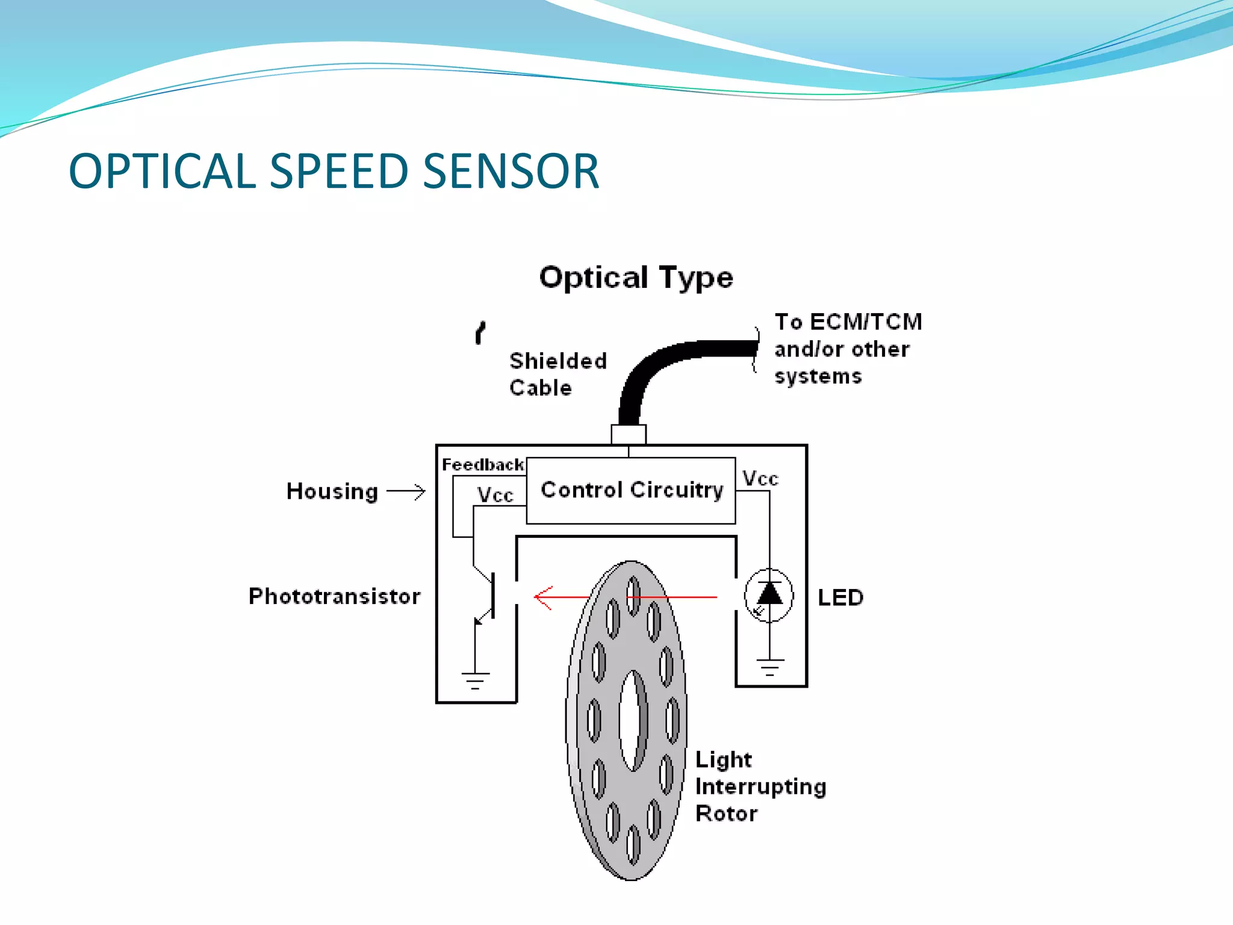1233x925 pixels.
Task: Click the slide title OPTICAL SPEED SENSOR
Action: pyautogui.click(x=334, y=171)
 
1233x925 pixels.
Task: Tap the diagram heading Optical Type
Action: pyautogui.click(x=636, y=278)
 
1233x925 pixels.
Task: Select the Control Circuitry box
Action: pyautogui.click(x=631, y=490)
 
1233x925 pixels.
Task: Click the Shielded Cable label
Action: pyautogui.click(x=557, y=374)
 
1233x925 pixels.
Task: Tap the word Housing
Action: pyautogui.click(x=332, y=491)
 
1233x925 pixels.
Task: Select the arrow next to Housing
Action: pyautogui.click(x=406, y=491)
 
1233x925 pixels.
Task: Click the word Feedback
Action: pyautogui.click(x=482, y=465)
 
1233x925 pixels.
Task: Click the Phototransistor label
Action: pyautogui.click(x=334, y=596)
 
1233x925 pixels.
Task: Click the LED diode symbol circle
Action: pyautogui.click(x=769, y=596)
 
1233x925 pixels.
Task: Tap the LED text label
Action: pyautogui.click(x=840, y=597)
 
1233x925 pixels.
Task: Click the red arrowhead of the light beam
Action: pyautogui.click(x=542, y=597)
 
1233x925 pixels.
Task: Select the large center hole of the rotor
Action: pyautogui.click(x=632, y=720)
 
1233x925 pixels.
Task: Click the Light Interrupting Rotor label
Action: pyautogui.click(x=760, y=786)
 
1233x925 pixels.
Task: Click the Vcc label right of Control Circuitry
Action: pyautogui.click(x=760, y=479)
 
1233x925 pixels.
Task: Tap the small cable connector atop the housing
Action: pyautogui.click(x=629, y=434)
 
